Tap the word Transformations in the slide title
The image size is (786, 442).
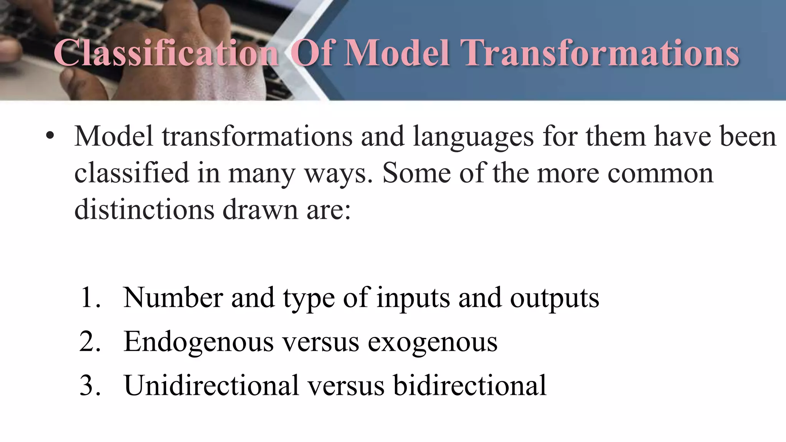point(601,53)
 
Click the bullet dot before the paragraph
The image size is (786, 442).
point(50,137)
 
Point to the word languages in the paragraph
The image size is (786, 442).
point(473,137)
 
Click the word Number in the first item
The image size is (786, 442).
point(173,298)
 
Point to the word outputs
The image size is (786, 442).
point(554,299)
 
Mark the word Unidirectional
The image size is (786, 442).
point(211,385)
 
